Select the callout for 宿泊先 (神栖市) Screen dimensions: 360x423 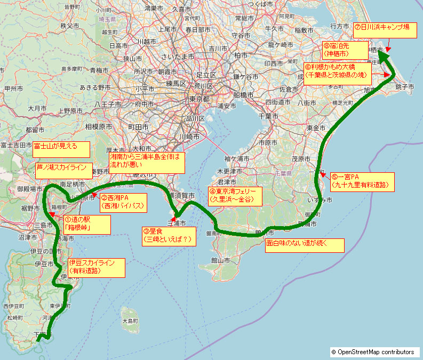click(344, 50)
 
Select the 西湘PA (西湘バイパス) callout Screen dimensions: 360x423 click(122, 201)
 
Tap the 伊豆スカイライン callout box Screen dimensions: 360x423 click(96, 267)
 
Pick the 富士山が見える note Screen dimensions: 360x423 click(60, 149)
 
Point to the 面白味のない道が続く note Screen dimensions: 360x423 click(304, 245)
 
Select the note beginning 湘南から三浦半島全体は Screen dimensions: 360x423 click(147, 162)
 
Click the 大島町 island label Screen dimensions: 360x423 click(130, 321)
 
